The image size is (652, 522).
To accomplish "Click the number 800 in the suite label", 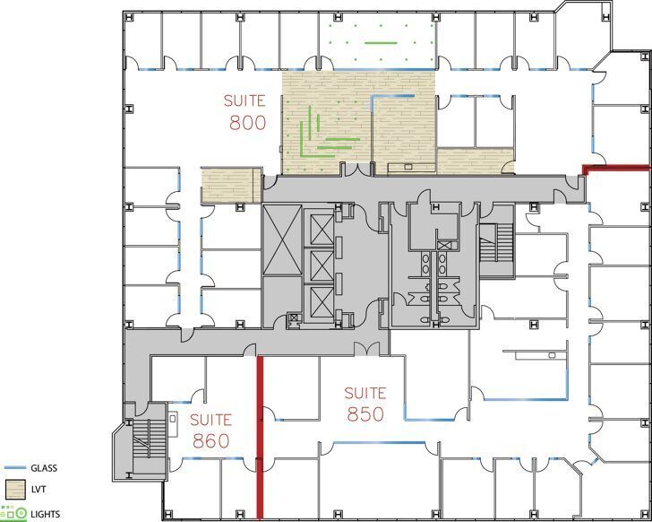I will click(x=247, y=123).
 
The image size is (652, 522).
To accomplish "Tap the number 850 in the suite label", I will click(x=365, y=413).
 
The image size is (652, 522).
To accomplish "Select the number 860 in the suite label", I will click(x=211, y=440).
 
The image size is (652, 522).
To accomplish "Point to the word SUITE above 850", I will click(x=365, y=393).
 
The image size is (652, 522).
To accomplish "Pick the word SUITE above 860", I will click(x=211, y=420).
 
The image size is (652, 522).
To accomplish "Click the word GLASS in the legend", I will click(x=46, y=468).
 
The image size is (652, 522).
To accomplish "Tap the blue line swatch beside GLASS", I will click(x=13, y=468).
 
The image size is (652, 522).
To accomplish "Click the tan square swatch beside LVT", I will click(x=14, y=490).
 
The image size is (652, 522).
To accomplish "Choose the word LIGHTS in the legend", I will click(x=47, y=514).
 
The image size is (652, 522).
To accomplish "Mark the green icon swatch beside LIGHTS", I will click(x=13, y=513).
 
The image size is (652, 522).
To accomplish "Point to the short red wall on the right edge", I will click(x=616, y=168).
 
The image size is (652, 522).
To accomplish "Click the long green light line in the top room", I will click(x=380, y=42).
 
